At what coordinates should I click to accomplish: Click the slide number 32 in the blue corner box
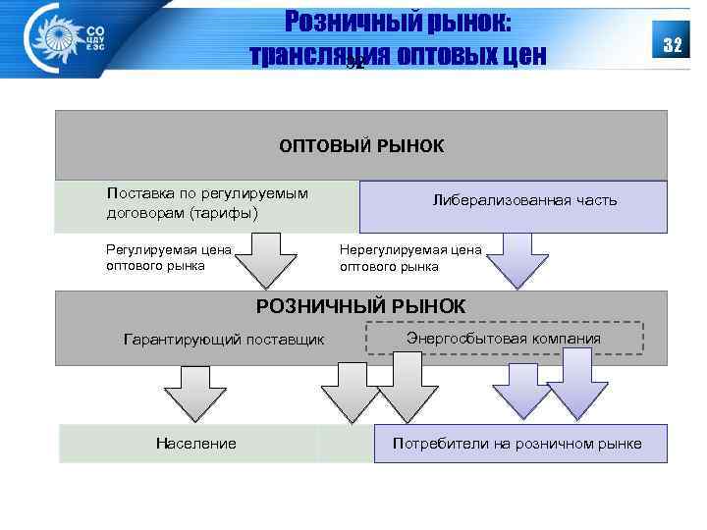(x=673, y=46)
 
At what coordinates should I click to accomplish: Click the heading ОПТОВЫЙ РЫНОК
(x=361, y=146)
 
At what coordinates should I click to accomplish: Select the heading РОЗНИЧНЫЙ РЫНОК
(x=361, y=306)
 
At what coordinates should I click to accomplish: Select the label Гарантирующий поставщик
(x=224, y=341)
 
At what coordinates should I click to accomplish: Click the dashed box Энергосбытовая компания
(x=504, y=339)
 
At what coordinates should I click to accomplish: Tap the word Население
(x=196, y=444)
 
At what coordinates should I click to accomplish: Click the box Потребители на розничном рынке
(x=517, y=444)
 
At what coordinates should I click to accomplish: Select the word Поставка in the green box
(x=138, y=193)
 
